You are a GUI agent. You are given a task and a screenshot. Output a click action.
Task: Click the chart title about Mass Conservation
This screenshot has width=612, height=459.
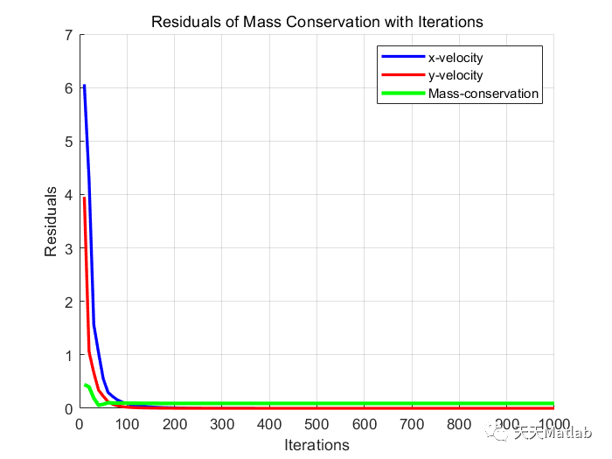(x=316, y=21)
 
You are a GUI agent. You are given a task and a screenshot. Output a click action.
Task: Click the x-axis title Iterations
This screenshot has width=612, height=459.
(x=316, y=445)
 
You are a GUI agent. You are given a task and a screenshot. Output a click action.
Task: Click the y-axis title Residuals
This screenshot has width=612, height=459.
(x=52, y=221)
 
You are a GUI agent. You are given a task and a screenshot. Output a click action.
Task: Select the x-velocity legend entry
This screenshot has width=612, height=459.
(x=455, y=58)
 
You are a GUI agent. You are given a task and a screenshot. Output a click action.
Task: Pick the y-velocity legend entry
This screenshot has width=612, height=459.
(x=455, y=75)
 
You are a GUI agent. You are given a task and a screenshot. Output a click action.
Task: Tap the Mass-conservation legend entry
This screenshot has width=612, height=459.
(x=483, y=94)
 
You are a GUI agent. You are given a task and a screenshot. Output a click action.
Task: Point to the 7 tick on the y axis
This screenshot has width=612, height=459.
(x=67, y=35)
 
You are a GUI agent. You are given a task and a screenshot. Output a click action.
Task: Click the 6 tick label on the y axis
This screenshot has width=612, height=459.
(x=67, y=88)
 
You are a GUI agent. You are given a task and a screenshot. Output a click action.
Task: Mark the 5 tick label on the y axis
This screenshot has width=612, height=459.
(x=67, y=142)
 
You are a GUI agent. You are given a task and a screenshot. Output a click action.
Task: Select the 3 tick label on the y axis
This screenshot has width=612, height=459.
(x=67, y=248)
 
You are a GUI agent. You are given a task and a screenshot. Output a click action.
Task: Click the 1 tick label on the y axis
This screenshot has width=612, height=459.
(x=67, y=355)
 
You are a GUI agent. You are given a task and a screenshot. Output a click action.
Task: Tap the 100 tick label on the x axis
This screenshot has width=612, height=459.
(x=127, y=425)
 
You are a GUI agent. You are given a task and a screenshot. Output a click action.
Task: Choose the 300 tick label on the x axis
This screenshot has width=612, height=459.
(x=222, y=425)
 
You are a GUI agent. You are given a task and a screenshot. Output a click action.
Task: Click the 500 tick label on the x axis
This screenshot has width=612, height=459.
(x=316, y=425)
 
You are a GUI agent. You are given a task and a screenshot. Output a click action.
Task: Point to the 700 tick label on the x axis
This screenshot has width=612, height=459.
(x=412, y=425)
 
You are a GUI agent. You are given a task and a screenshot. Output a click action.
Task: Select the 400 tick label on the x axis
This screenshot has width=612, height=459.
(x=269, y=425)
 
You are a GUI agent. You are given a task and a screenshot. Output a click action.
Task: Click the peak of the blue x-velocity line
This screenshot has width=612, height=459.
(x=84, y=86)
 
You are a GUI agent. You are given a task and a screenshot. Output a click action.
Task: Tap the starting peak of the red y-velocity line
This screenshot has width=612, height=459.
(x=84, y=198)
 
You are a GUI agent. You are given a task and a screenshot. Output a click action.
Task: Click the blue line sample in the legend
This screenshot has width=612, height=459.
(x=402, y=58)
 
